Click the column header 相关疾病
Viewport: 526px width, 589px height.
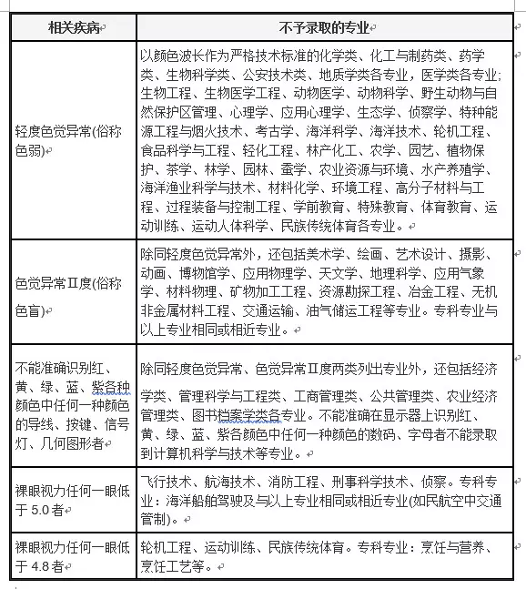pyautogui.click(x=74, y=27)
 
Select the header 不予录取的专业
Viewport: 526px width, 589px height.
pyautogui.click(x=331, y=27)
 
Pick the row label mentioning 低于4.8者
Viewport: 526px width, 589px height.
pyautogui.click(x=72, y=556)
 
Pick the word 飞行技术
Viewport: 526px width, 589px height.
pyautogui.click(x=167, y=483)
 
